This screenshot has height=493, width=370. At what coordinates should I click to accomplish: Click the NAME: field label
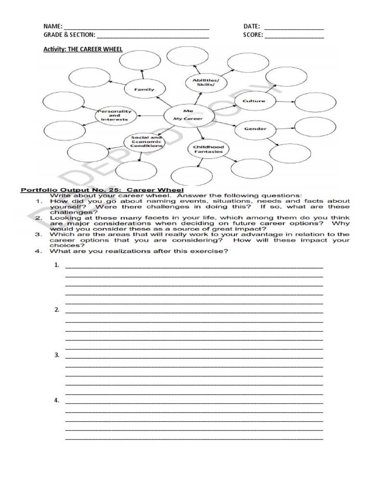coord(53,26)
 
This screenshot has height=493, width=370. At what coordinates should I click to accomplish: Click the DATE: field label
coord(252,26)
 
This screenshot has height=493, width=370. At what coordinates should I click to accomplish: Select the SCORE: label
coord(253,35)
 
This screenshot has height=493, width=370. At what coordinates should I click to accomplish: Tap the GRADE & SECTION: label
coord(69,35)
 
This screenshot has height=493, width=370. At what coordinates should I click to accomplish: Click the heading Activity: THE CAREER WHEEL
coord(83,49)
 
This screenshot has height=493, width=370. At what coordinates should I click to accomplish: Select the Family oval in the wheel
coord(144,89)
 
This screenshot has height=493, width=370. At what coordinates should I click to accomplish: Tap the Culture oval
coord(249,101)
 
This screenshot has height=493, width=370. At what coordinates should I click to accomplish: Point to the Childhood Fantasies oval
coord(208,149)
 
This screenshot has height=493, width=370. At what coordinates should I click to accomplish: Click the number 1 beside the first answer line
coord(57,265)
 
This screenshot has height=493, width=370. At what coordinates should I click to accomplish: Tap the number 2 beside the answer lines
coord(57,310)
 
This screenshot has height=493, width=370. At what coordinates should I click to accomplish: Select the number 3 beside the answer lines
coord(57,355)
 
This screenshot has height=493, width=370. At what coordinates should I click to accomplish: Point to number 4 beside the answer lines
coord(57,400)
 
